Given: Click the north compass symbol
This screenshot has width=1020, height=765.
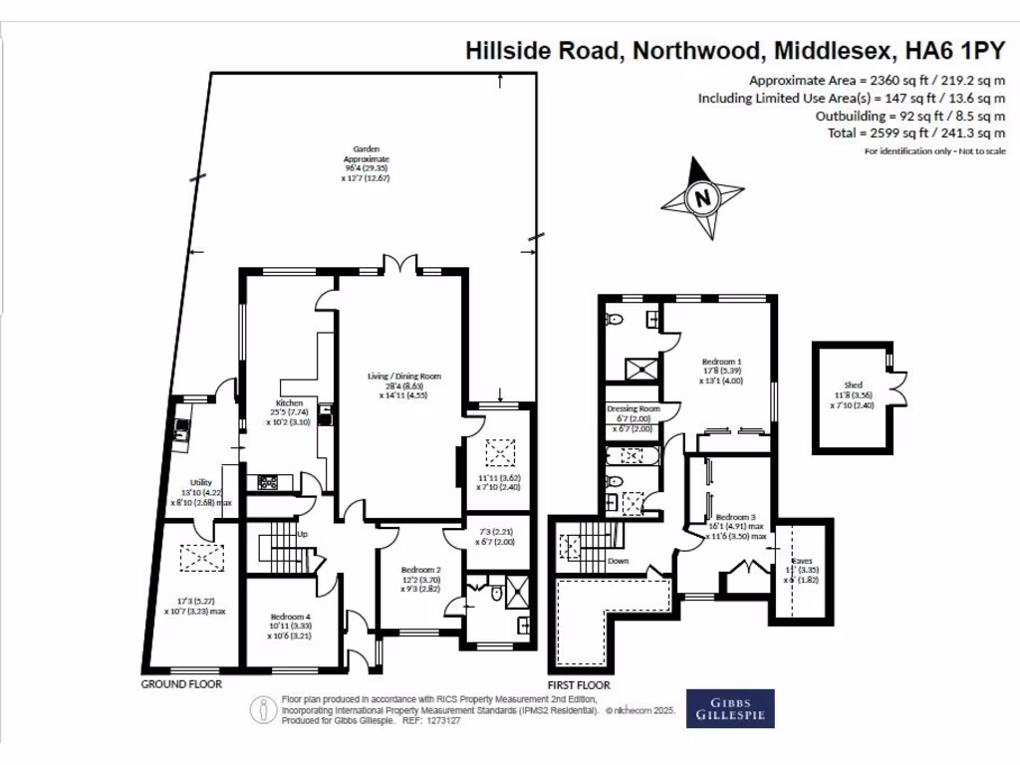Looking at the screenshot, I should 702,197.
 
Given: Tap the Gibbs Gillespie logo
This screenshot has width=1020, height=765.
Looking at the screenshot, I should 730,708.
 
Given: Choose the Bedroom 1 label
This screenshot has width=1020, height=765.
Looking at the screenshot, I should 721,361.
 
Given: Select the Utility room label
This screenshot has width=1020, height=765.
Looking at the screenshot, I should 201,482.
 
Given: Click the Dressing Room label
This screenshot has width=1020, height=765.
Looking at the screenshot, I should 634,409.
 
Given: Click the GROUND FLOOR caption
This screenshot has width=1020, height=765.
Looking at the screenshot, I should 180,685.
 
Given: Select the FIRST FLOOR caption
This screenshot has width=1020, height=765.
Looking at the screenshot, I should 578,685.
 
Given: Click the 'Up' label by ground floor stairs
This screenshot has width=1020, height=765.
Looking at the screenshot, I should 301,535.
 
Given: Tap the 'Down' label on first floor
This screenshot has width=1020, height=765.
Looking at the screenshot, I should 620,560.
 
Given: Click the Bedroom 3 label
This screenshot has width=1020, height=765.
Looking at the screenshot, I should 735,517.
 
